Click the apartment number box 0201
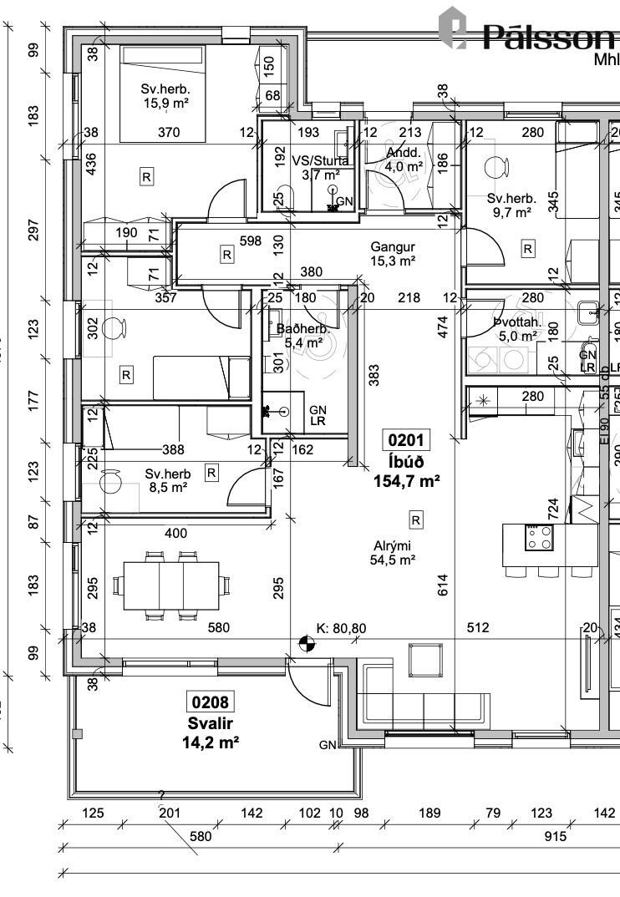tap(407, 440)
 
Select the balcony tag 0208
tap(209, 703)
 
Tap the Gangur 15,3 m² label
tap(393, 255)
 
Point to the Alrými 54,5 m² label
tap(393, 554)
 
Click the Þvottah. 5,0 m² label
tap(517, 329)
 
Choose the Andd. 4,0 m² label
tap(404, 160)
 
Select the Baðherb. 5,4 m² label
tap(303, 336)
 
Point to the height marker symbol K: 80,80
tap(307, 642)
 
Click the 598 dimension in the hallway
tap(250, 241)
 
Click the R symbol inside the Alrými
tap(415, 520)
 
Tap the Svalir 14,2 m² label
tap(210, 732)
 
